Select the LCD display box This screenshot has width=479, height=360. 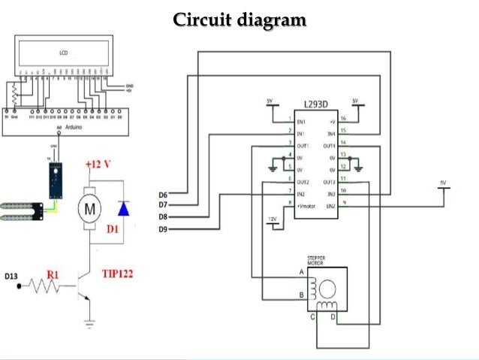(63, 53)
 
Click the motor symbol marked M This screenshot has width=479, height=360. (89, 207)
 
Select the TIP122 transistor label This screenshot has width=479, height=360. (117, 274)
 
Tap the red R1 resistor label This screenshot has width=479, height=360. (53, 275)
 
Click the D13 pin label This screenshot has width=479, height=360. (11, 277)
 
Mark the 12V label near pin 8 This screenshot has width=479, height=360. (273, 219)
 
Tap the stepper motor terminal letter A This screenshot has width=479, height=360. (301, 271)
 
